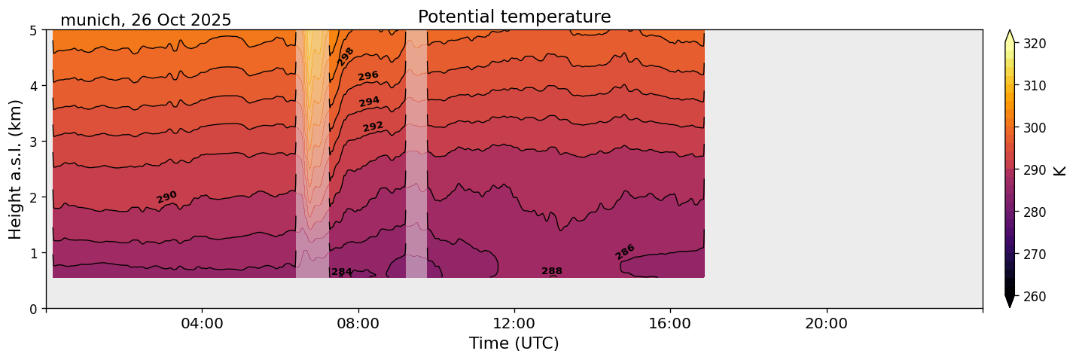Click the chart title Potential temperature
point(514,17)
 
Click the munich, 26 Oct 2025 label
point(145,20)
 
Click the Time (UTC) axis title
point(514,343)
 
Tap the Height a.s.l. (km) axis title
point(16,169)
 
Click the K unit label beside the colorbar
point(1060,170)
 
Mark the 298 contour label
point(346,56)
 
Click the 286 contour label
point(625,252)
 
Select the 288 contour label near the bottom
point(552,271)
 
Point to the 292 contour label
point(373,126)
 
